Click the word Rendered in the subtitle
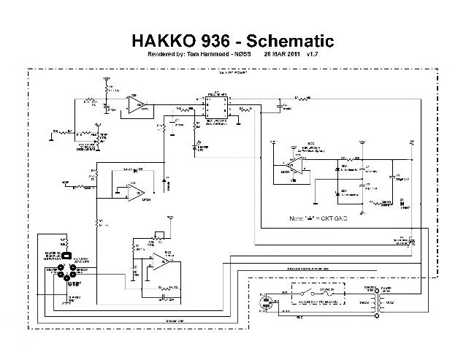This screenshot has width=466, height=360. pyautogui.click(x=163, y=54)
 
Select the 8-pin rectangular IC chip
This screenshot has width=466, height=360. pyautogui.click(x=216, y=108)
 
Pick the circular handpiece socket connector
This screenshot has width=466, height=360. pyautogui.click(x=67, y=274)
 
